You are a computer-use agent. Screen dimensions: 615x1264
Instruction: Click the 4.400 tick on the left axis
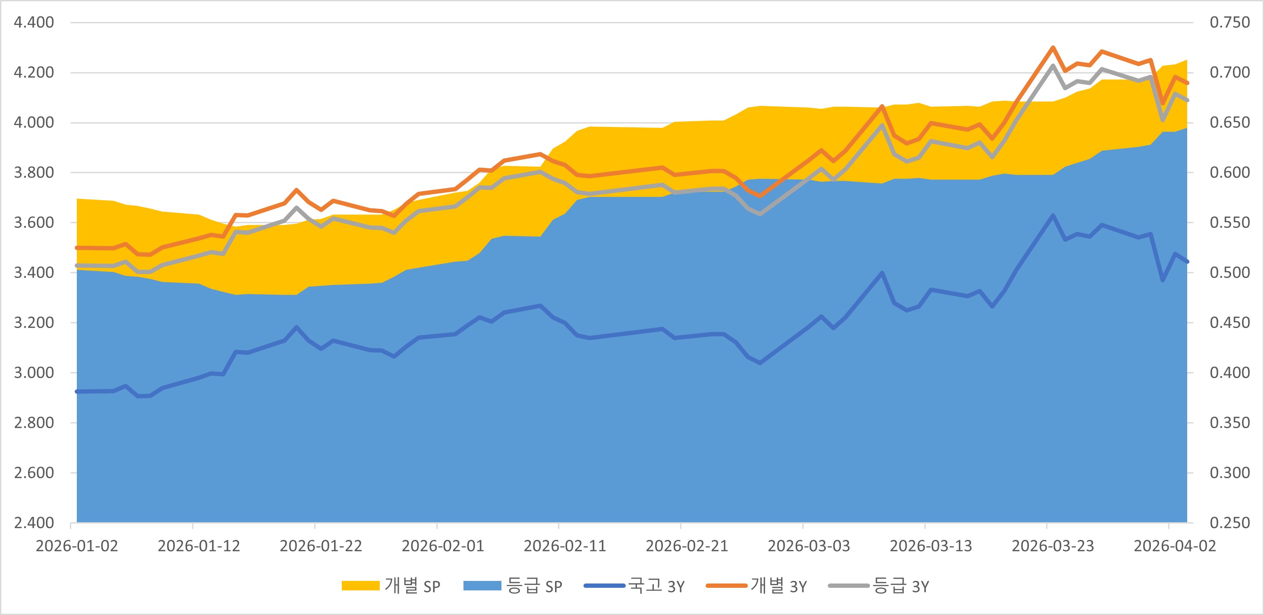(34, 22)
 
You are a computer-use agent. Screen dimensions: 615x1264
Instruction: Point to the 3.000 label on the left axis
(34, 372)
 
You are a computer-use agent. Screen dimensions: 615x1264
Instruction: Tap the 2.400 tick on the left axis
(34, 523)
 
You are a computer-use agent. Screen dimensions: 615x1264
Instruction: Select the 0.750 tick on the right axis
(1229, 22)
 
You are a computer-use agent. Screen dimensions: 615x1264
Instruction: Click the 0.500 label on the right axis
(1229, 272)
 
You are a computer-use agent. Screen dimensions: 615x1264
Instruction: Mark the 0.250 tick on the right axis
(1229, 523)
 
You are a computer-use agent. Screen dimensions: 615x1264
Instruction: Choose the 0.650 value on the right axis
(1229, 122)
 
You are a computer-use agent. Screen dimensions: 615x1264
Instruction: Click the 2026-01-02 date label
(77, 546)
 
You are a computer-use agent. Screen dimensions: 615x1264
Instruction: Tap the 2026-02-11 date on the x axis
(565, 546)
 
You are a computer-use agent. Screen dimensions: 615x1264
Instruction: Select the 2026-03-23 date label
(1053, 546)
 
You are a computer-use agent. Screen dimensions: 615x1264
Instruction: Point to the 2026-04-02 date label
(1175, 546)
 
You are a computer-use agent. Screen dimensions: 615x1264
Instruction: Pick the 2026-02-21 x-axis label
(687, 546)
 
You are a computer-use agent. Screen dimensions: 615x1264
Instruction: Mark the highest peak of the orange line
(1053, 47)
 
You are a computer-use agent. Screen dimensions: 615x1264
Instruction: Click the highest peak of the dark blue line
(1053, 215)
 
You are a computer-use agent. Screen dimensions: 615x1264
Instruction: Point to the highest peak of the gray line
(1053, 65)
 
